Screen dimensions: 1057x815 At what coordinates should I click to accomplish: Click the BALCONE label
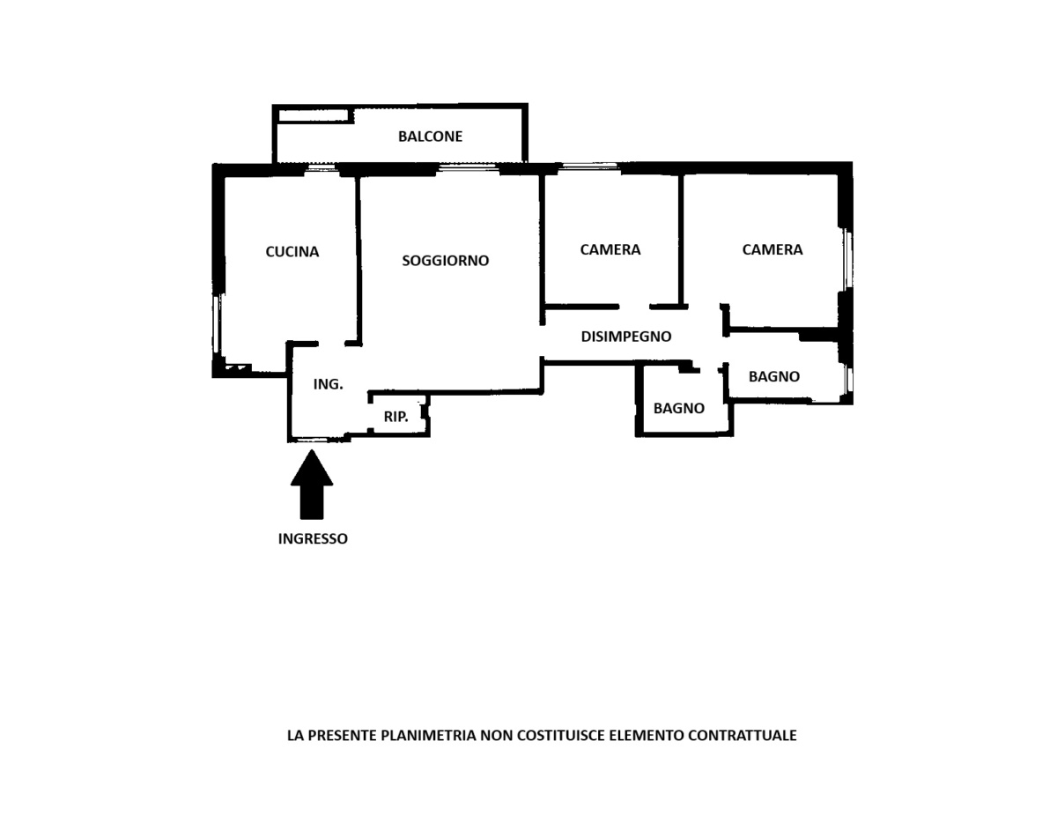(430, 137)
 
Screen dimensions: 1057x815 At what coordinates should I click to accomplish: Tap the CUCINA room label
(292, 252)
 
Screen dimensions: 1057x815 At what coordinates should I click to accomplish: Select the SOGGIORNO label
(445, 261)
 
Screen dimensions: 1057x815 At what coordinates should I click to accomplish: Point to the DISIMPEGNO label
(626, 337)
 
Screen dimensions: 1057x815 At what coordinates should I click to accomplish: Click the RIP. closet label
(395, 417)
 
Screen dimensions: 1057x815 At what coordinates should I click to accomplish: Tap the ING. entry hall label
(328, 384)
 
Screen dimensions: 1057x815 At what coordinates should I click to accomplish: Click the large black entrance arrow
(312, 484)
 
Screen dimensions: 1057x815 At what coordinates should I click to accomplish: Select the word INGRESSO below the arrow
(313, 538)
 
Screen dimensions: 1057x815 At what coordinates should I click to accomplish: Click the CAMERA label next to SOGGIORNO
(610, 249)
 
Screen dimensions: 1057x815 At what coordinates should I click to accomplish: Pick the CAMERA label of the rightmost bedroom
(772, 249)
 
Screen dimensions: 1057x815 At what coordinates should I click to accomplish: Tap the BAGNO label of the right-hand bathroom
(774, 376)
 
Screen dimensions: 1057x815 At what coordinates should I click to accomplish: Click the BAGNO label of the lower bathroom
(678, 408)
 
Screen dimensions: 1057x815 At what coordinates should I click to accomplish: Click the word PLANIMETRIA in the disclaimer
(428, 735)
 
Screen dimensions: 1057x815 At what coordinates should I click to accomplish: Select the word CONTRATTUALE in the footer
(742, 735)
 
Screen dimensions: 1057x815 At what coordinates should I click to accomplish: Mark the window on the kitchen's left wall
(218, 323)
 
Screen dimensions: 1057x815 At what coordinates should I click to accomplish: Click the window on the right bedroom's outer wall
(848, 259)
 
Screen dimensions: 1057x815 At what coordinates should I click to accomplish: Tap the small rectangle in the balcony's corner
(314, 115)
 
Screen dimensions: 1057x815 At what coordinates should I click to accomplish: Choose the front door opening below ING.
(317, 440)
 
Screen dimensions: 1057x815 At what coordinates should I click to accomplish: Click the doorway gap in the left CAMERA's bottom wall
(634, 307)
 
